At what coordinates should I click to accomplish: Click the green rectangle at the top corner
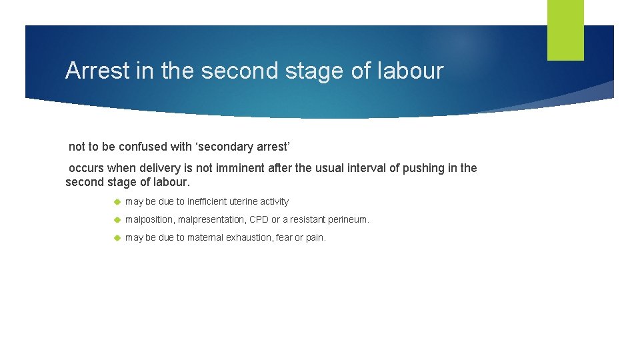565,30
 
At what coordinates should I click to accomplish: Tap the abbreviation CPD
259,219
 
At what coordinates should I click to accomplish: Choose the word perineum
347,219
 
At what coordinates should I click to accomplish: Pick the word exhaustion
247,237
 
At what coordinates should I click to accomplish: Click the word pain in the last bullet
315,237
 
